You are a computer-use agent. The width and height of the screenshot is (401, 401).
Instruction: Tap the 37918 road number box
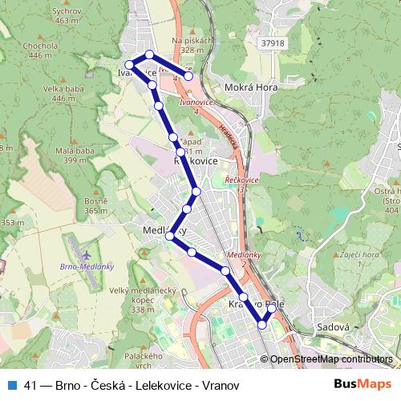[x=273, y=43]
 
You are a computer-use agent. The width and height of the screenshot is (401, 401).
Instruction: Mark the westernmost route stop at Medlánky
[x=169, y=236]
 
